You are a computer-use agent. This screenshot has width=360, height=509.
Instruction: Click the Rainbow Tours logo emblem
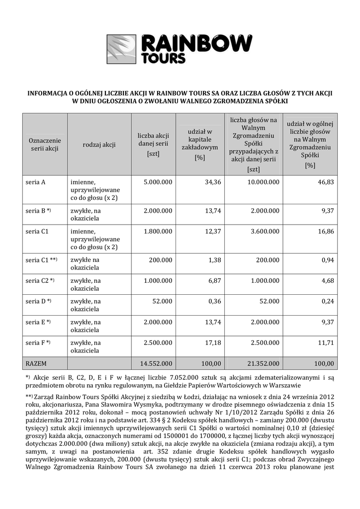click(122, 49)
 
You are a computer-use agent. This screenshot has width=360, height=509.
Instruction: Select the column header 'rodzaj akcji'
click(99, 145)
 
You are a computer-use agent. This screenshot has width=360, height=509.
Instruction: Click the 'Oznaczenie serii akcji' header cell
click(45, 145)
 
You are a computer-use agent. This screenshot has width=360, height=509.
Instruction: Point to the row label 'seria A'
click(36, 182)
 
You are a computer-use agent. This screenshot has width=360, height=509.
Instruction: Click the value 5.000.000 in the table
click(158, 182)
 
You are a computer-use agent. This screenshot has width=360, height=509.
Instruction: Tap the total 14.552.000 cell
click(157, 363)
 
